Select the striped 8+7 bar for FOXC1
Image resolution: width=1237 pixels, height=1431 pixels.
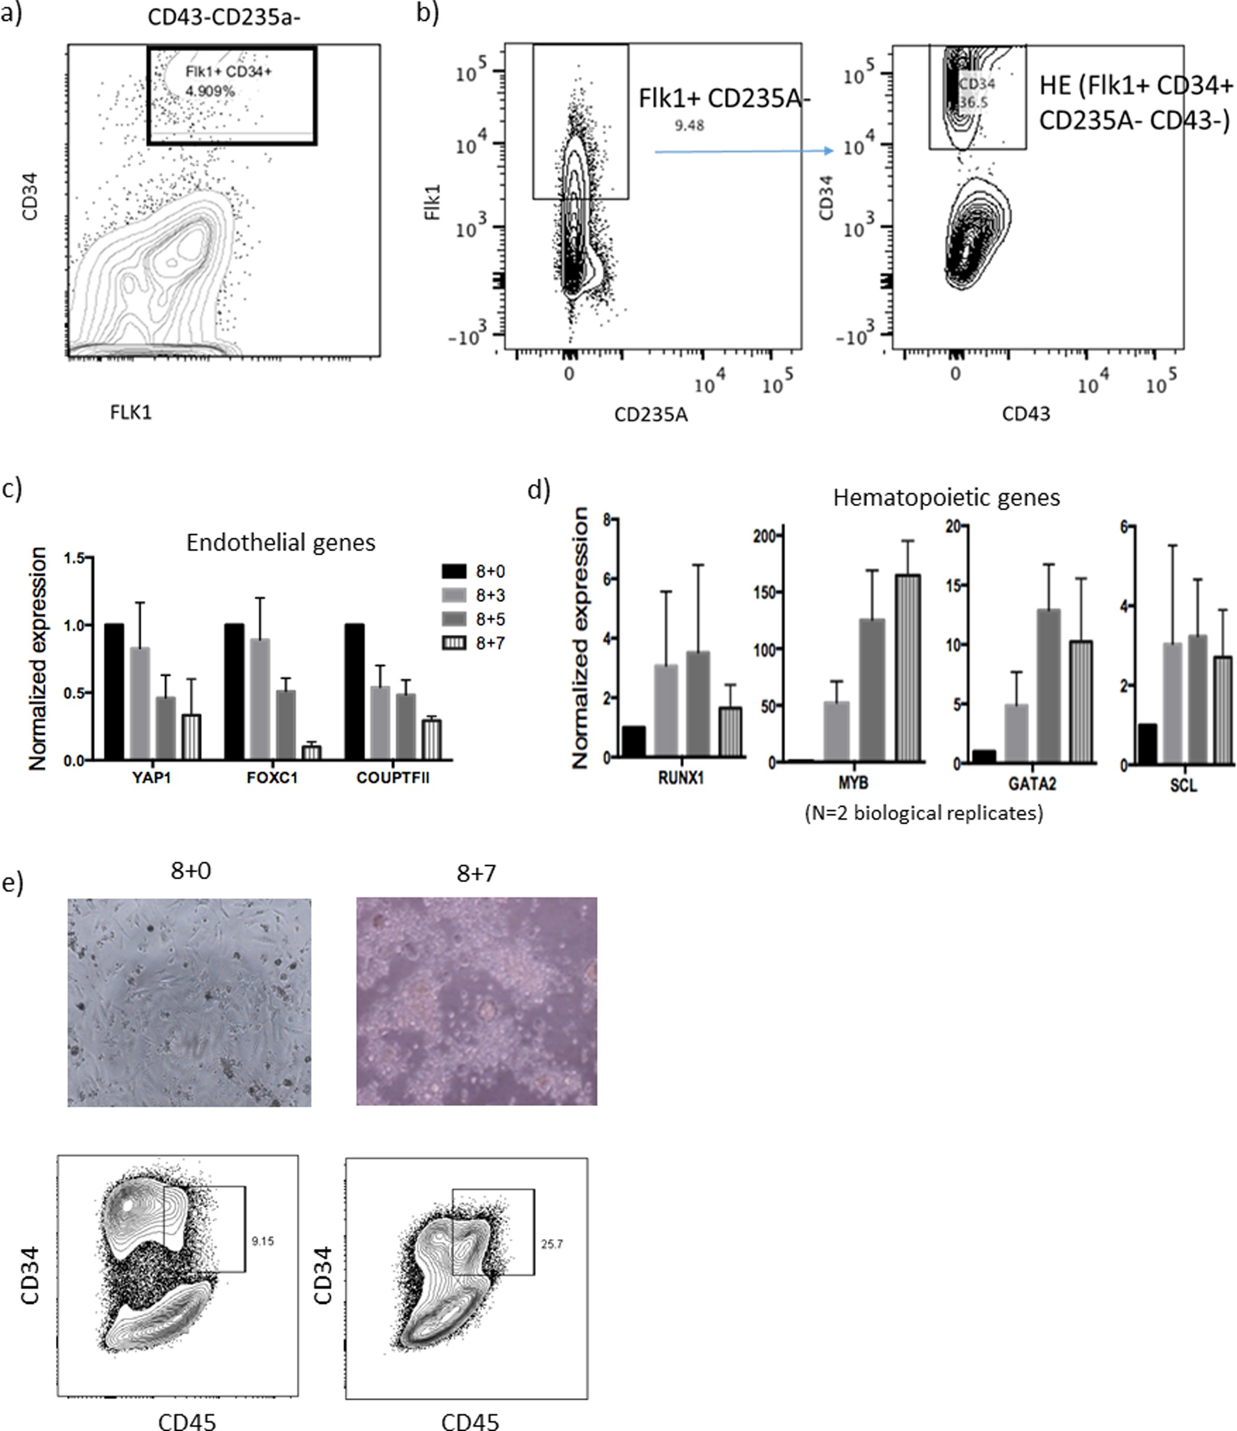[312, 752]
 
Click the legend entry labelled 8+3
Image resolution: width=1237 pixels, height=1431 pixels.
[489, 595]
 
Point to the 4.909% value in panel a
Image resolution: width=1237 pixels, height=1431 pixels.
[210, 91]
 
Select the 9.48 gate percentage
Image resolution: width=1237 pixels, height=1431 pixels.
[689, 125]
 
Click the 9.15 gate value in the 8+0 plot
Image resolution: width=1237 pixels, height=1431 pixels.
[263, 1241]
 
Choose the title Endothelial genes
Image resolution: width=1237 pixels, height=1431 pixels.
[281, 543]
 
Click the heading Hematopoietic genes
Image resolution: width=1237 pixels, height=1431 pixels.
[946, 497]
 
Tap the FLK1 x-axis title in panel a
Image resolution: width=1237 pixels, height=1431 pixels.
[131, 412]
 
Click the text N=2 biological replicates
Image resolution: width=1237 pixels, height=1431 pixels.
[924, 813]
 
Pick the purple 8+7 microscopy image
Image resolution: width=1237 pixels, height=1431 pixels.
[477, 1002]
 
